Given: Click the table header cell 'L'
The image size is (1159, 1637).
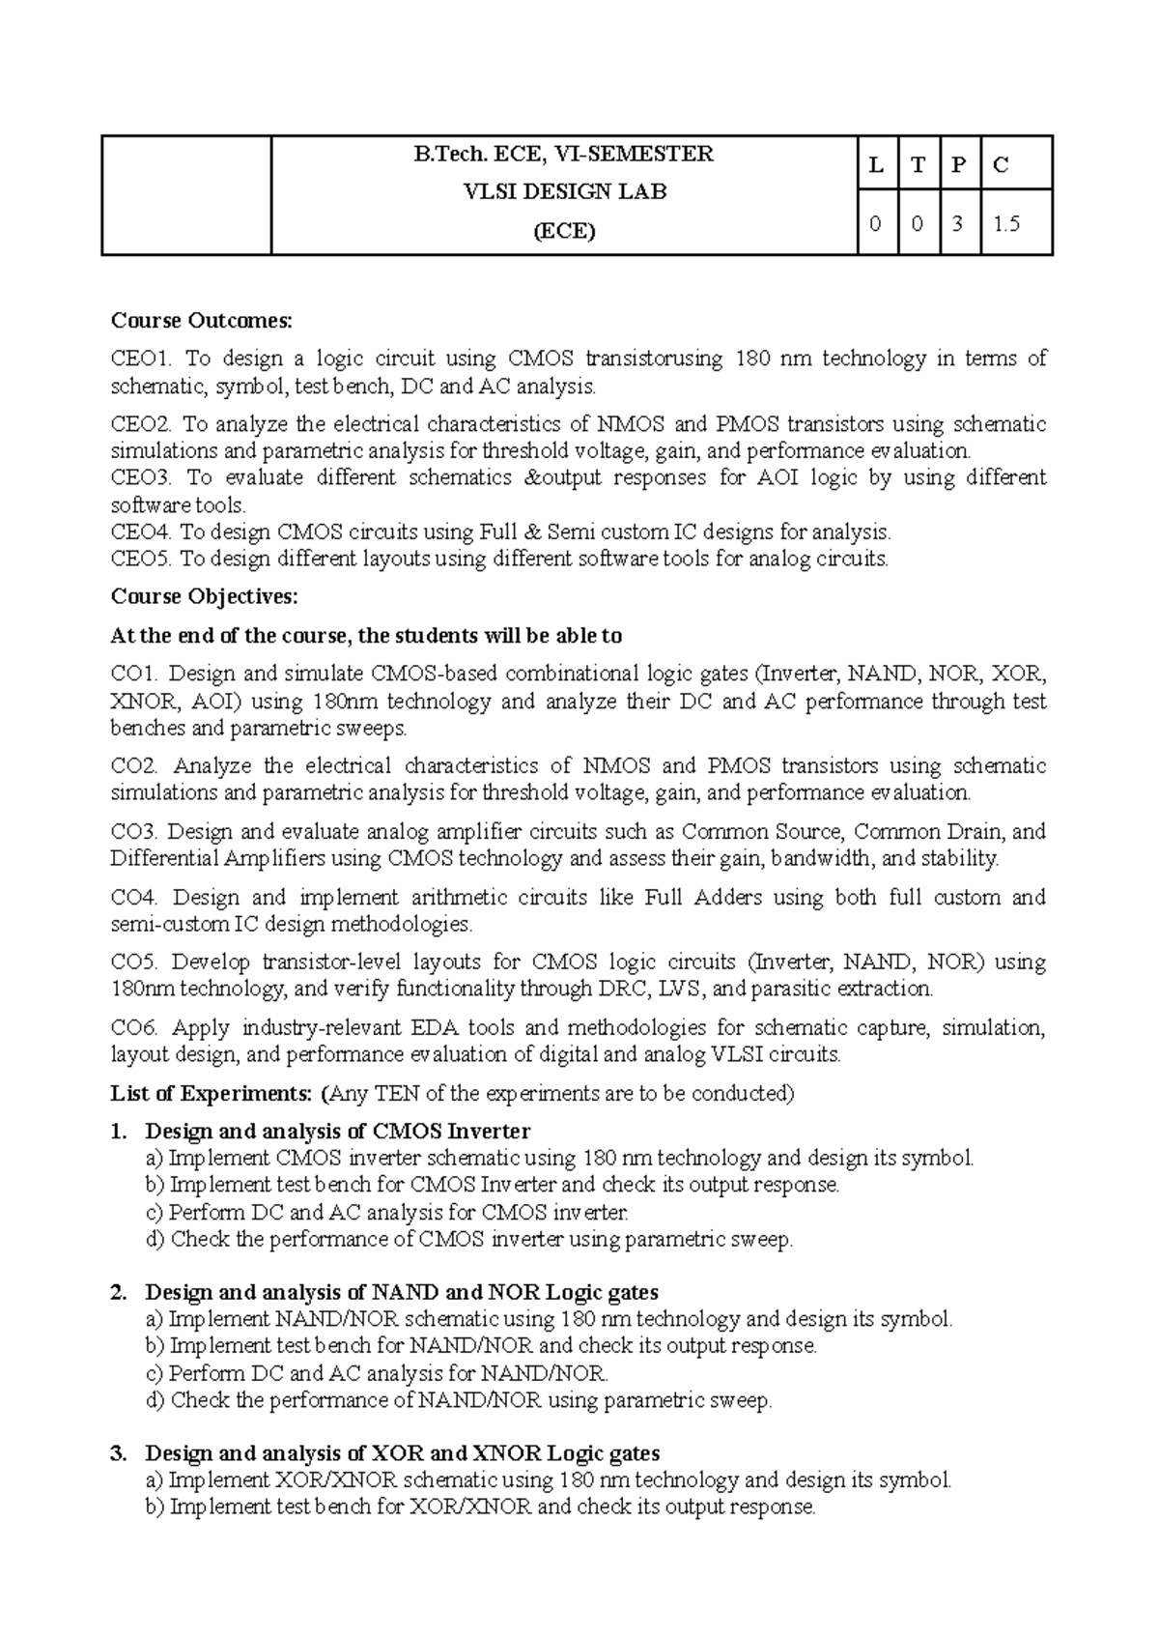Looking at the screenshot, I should click(877, 164).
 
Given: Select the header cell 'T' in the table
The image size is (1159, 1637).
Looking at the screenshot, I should click(919, 164).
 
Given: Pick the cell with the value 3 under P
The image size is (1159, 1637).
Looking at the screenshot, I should click(959, 223).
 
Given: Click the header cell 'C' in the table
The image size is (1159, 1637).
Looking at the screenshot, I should click(1001, 164).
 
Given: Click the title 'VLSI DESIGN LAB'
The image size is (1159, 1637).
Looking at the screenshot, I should click(565, 191).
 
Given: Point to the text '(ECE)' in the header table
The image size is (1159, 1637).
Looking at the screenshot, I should click(565, 231).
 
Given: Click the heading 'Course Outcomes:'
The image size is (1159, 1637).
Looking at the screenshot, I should click(201, 320).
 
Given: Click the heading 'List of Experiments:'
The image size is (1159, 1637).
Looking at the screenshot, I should click(212, 1094).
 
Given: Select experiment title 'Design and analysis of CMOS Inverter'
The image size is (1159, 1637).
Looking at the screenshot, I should click(337, 1131).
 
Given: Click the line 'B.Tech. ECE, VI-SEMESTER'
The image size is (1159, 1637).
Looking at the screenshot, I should click(565, 154).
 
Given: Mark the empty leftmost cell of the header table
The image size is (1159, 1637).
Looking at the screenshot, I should click(186, 195).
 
